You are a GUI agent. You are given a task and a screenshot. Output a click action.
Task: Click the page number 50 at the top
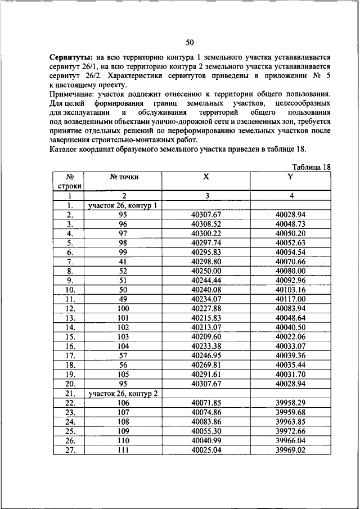tap(189, 43)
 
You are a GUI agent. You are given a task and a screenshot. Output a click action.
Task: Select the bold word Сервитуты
tap(70, 58)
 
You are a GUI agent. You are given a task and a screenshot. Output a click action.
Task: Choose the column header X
tap(206, 177)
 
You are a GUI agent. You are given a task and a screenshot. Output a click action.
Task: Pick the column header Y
tap(290, 177)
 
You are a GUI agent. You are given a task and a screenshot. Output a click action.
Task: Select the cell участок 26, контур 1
tap(121, 205)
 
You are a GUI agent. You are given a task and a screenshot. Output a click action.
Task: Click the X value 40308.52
tap(206, 224)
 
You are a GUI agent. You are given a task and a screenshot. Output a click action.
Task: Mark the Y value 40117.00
tap(290, 299)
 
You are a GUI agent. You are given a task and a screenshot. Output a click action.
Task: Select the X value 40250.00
tap(206, 271)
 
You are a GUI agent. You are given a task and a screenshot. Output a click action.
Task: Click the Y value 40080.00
tap(290, 271)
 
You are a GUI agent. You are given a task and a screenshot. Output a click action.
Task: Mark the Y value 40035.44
tap(290, 365)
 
